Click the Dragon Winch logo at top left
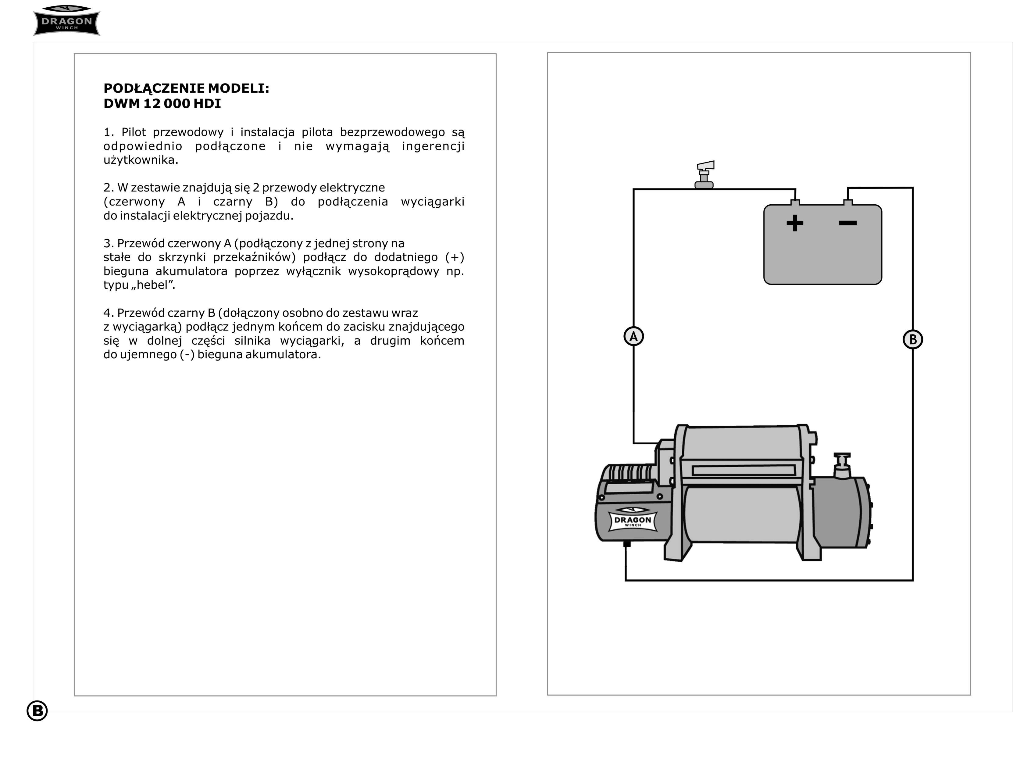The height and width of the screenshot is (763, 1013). tap(67, 21)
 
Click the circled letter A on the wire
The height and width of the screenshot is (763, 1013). tap(634, 336)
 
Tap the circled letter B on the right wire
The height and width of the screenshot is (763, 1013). tap(913, 340)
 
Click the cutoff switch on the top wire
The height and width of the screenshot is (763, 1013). tap(704, 175)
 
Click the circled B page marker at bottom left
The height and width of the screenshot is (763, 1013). tap(37, 711)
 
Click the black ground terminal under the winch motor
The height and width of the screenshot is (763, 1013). tap(627, 544)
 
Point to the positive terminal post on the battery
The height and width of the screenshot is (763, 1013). tap(795, 202)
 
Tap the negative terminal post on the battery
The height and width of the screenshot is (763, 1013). tap(848, 202)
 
